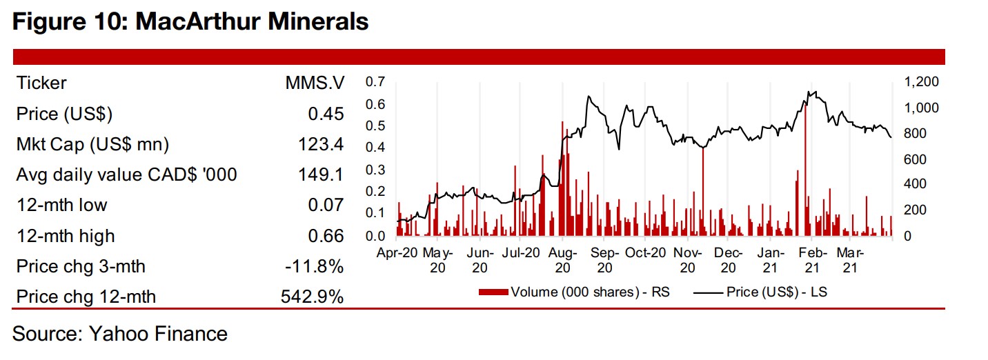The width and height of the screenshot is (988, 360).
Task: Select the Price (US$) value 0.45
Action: (326, 114)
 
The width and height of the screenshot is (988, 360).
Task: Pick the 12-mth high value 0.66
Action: (326, 236)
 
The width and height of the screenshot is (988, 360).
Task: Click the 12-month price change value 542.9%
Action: (312, 297)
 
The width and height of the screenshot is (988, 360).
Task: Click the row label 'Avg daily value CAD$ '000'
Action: (126, 175)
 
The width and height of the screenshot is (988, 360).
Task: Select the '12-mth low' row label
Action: (61, 206)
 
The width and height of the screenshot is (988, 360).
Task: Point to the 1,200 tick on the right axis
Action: (920, 83)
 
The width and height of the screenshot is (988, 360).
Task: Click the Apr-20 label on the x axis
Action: (396, 253)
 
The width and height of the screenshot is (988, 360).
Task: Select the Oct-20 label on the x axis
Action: (646, 253)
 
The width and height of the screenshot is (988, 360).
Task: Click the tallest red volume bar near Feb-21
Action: (805, 172)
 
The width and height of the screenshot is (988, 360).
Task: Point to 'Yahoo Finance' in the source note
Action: (158, 334)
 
